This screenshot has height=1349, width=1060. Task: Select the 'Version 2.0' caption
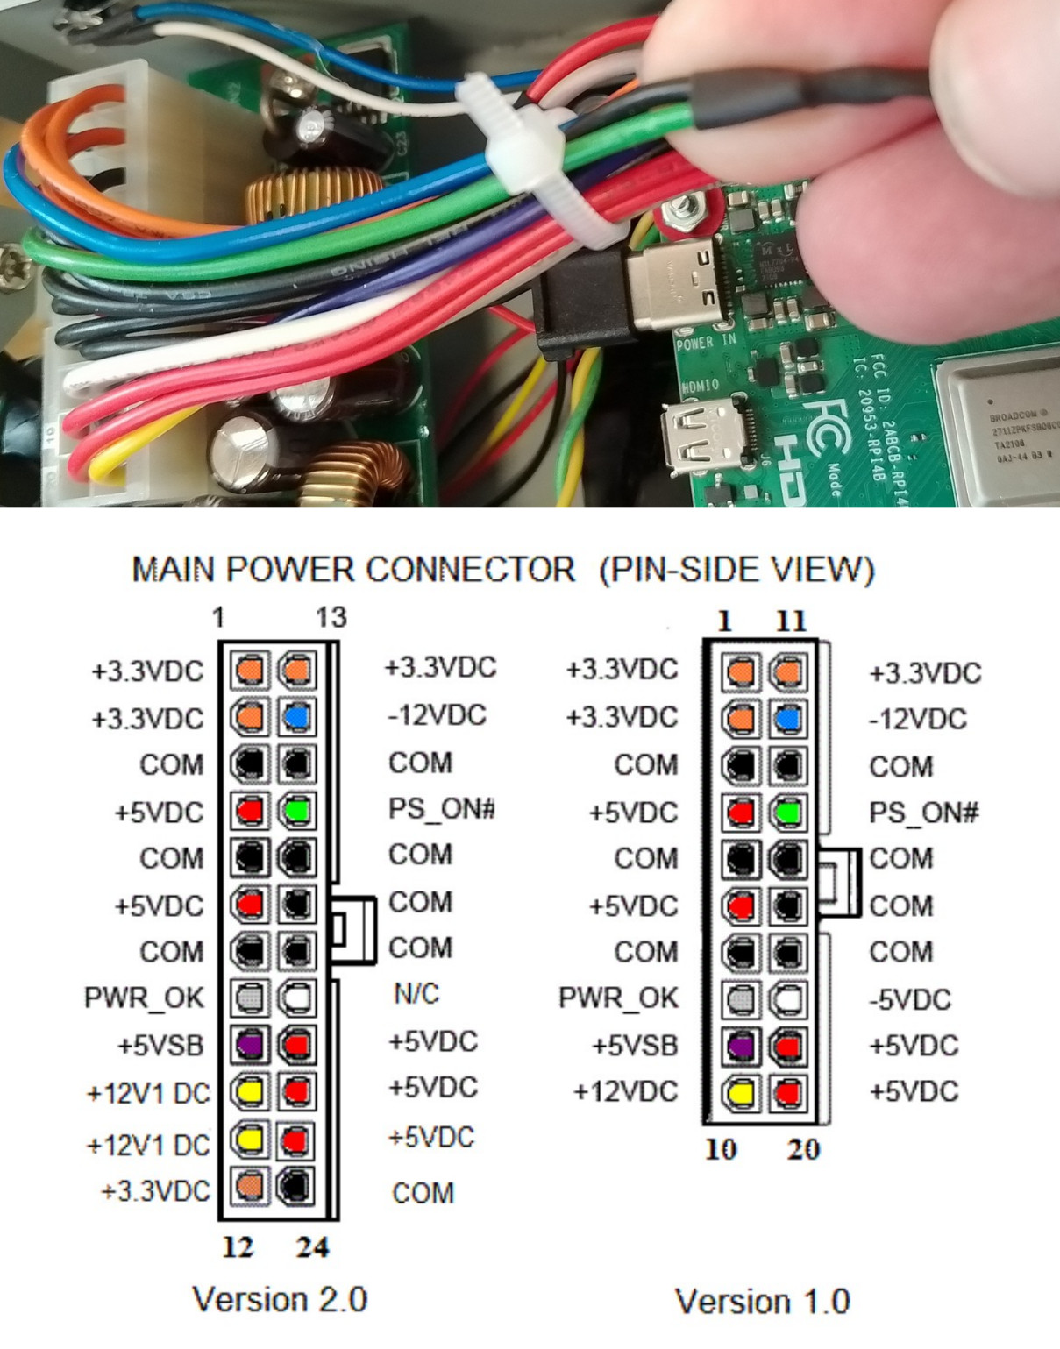(x=280, y=1299)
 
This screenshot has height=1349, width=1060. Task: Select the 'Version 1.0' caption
(x=762, y=1301)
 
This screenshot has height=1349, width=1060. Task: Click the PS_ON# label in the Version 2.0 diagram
(x=441, y=808)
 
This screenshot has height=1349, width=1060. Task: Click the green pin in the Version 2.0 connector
(x=297, y=810)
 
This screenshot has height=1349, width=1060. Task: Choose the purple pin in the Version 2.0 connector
(x=250, y=1044)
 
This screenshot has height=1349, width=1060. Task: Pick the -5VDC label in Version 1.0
(x=910, y=999)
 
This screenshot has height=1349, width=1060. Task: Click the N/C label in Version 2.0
(x=416, y=994)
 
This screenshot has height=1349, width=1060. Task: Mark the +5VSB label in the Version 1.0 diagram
(x=635, y=1046)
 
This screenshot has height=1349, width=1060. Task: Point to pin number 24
(x=312, y=1246)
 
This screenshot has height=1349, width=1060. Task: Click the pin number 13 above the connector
(x=331, y=618)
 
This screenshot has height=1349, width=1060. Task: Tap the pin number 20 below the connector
(x=803, y=1149)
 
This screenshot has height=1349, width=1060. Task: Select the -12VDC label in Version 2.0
(x=437, y=715)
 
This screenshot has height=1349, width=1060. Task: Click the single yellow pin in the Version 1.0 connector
(x=741, y=1093)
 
